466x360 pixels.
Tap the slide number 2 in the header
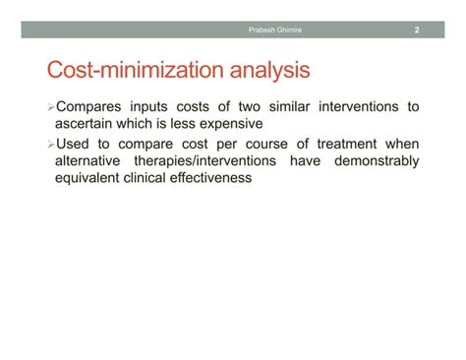pyautogui.click(x=416, y=30)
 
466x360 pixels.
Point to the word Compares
pyautogui.click(x=93, y=106)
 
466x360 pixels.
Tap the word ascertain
pyautogui.click(x=89, y=124)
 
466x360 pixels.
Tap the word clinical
pyautogui.click(x=156, y=178)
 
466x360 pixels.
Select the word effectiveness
pyautogui.click(x=231, y=178)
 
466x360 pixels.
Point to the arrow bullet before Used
pyautogui.click(x=51, y=144)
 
